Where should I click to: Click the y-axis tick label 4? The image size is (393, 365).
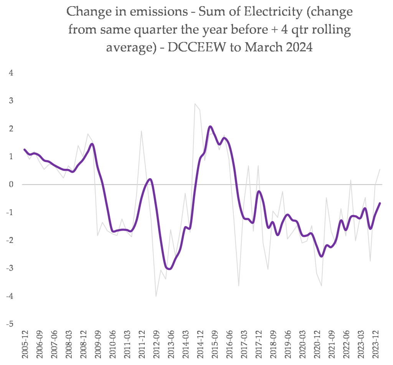(11, 73)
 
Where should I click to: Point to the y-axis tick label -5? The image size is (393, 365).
(10, 324)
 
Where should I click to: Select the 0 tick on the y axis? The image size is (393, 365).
(11, 185)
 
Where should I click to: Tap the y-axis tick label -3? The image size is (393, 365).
(10, 268)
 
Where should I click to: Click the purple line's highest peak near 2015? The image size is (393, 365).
(210, 126)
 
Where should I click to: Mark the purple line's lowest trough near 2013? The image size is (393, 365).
(169, 269)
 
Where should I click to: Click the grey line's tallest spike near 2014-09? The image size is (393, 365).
(195, 104)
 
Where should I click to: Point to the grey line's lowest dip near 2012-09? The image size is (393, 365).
(156, 296)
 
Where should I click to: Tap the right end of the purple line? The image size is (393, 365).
(380, 203)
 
